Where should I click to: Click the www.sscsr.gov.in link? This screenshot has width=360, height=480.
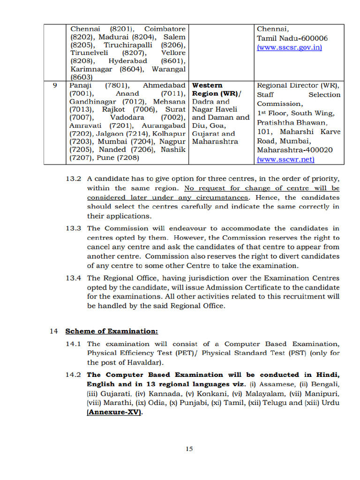289,48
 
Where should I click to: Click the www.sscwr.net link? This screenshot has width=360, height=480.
285,159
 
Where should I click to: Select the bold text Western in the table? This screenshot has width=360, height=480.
208,86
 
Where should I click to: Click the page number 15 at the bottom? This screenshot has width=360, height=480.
189,449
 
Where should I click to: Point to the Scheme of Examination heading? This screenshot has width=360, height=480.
112,331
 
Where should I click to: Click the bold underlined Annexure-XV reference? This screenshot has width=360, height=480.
114,412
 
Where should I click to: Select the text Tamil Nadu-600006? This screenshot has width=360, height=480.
292,38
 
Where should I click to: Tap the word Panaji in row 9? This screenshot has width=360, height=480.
81,86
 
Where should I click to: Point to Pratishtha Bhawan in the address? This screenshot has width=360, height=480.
292,122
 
